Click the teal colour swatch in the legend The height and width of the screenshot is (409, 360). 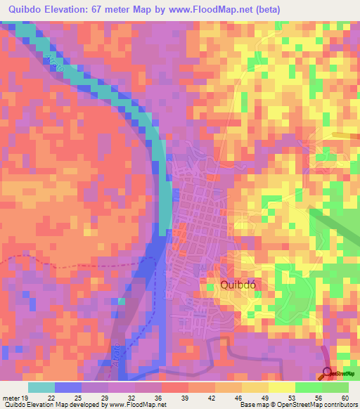pyautogui.click(x=41, y=387)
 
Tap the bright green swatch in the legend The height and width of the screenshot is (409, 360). pyautogui.click(x=308, y=387)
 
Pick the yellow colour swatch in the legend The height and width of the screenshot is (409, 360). pyautogui.click(x=281, y=387)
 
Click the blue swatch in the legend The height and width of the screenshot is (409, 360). pyautogui.click(x=67, y=387)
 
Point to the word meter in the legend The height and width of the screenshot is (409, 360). pyautogui.click(x=12, y=398)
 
